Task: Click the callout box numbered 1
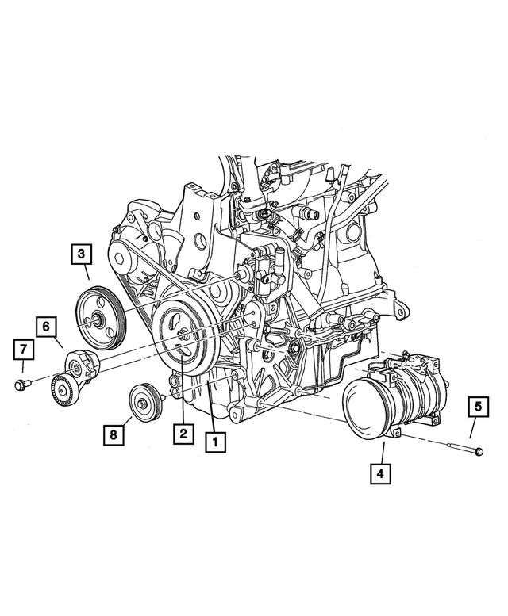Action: pyautogui.click(x=213, y=442)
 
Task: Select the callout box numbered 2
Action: pyautogui.click(x=183, y=434)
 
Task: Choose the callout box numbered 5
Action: pyautogui.click(x=479, y=407)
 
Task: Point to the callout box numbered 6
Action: pyautogui.click(x=46, y=325)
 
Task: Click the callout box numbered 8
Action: pyautogui.click(x=114, y=434)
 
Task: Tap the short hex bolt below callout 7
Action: pyautogui.click(x=21, y=385)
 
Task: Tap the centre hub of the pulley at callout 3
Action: pyautogui.click(x=95, y=321)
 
